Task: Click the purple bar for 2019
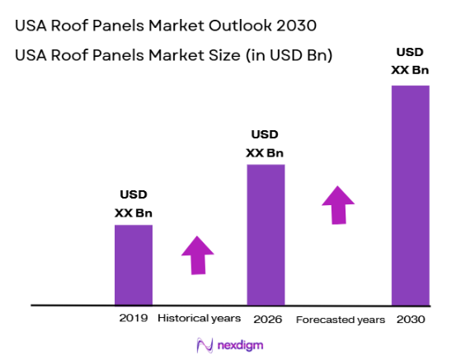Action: click(x=133, y=264)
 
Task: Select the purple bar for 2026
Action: click(x=266, y=234)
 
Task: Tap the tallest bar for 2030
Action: click(x=410, y=194)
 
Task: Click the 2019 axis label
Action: click(x=133, y=318)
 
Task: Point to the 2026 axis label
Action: click(x=266, y=319)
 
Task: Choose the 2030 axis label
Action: click(x=410, y=319)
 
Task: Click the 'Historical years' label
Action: click(x=199, y=318)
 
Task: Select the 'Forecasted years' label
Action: click(x=340, y=319)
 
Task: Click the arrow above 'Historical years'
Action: click(x=198, y=255)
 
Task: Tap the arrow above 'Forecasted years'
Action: click(x=338, y=204)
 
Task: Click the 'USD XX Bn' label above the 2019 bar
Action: click(x=133, y=204)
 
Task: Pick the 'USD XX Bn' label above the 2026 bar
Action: click(x=266, y=143)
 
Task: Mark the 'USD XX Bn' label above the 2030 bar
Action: click(x=410, y=61)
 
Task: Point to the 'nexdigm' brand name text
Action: click(x=240, y=344)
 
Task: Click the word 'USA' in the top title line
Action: click(x=32, y=26)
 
